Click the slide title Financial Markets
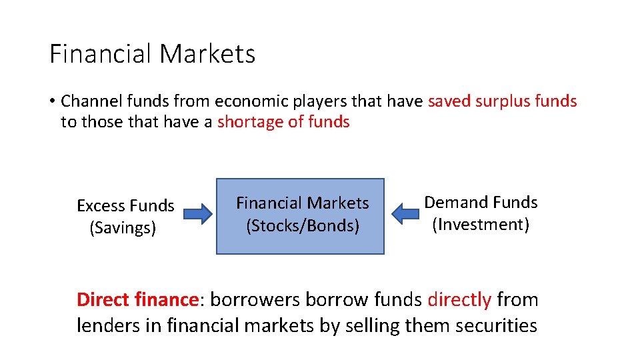[x=152, y=53]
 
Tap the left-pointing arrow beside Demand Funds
[x=404, y=214]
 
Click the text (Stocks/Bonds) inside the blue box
[x=302, y=226]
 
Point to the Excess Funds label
[x=125, y=205]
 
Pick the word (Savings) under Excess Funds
[x=123, y=228]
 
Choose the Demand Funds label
[x=481, y=202]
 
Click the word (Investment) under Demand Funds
[x=481, y=225]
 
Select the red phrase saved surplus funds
[x=502, y=101]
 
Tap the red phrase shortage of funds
[x=283, y=122]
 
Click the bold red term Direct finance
[x=137, y=300]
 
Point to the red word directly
[x=459, y=300]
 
